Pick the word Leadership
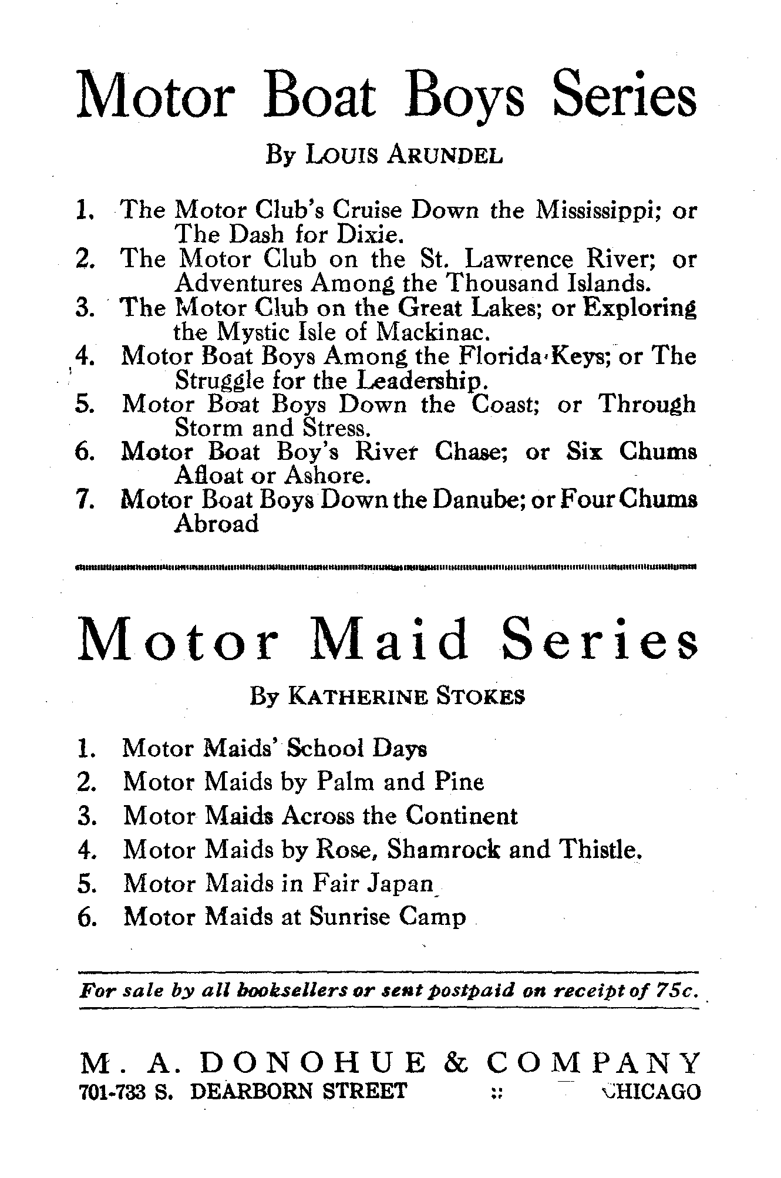pos(422,381)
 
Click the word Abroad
pos(217,523)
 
